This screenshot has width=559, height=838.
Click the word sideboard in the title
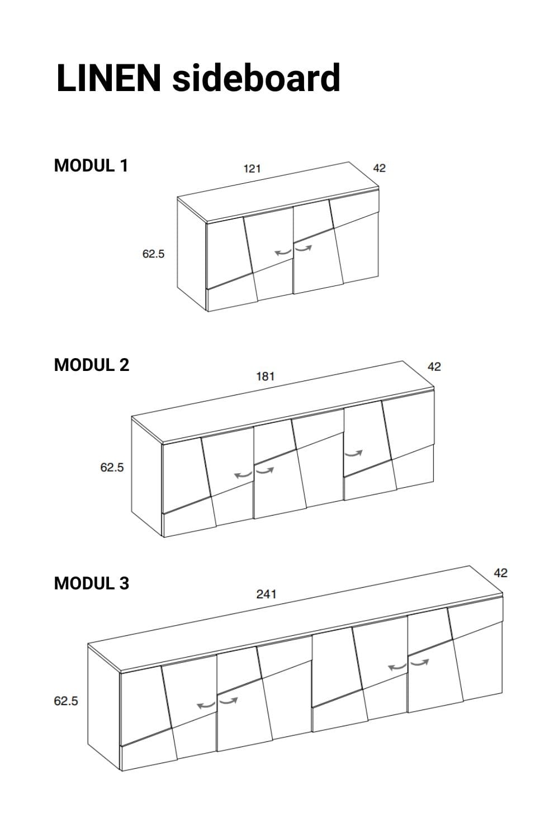[x=256, y=78]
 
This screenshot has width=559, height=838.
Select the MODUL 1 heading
[x=91, y=165]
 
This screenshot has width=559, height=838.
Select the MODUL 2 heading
[x=91, y=365]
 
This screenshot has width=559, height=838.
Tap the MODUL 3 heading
[x=91, y=583]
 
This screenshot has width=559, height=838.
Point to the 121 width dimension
[x=252, y=169]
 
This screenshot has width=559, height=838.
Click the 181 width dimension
[x=265, y=377]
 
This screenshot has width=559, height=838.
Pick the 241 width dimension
[x=266, y=594]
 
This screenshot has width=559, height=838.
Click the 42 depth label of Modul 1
[x=379, y=168]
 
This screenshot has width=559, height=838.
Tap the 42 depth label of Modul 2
[x=434, y=366]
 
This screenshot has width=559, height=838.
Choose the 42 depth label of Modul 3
[x=501, y=573]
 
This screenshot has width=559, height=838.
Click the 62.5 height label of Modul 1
[x=153, y=254]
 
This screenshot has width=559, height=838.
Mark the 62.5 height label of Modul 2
[x=112, y=467]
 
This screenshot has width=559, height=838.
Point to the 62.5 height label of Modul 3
[x=66, y=701]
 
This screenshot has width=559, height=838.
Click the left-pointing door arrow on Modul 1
[x=283, y=253]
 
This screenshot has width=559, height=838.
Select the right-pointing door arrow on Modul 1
[x=303, y=247]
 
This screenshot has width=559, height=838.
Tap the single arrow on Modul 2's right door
[x=353, y=454]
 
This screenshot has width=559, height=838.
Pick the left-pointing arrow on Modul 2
[x=243, y=475]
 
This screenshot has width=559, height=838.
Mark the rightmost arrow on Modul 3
[x=419, y=663]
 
